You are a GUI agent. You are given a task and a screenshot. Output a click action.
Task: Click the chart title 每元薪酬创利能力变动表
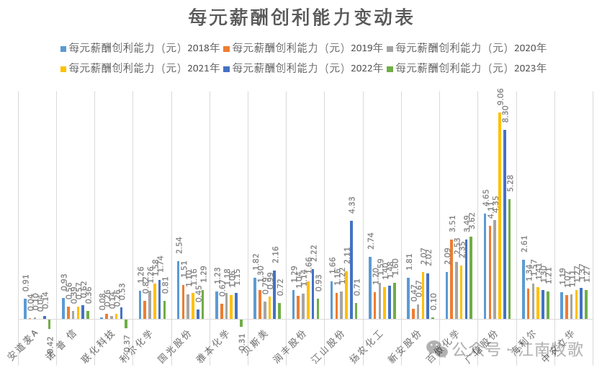[301, 17]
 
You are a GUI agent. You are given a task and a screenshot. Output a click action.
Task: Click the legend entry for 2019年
[307, 48]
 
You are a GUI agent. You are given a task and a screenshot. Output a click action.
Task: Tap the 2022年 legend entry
[307, 68]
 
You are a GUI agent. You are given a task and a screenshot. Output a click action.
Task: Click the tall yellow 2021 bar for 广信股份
[500, 216]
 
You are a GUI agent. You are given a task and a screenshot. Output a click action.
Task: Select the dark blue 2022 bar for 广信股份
[505, 224]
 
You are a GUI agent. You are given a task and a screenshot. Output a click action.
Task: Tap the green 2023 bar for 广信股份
[510, 259]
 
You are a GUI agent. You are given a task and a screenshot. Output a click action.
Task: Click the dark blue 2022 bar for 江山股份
[351, 270]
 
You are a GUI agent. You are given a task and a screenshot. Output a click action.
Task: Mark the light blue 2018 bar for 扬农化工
[370, 288]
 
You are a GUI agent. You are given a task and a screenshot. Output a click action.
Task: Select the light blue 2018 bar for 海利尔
[524, 289]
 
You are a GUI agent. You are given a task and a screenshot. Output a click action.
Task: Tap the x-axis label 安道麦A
[22, 346]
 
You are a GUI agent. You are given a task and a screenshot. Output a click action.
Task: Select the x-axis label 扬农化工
[367, 346]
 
